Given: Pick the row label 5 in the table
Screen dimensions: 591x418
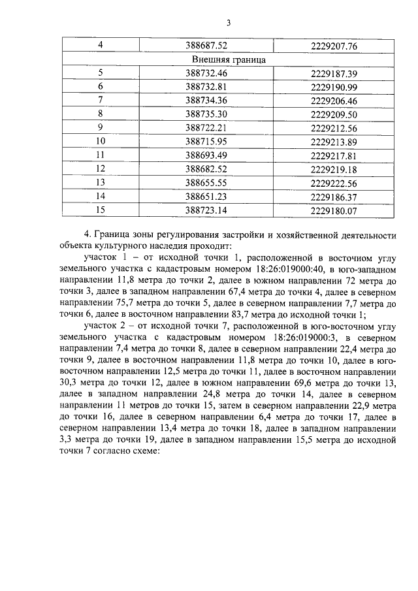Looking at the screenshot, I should [x=101, y=73].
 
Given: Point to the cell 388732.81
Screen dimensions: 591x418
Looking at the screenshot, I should [x=206, y=87].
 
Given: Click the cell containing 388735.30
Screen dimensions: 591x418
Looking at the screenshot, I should [x=206, y=114].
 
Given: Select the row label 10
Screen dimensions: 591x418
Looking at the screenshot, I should [x=101, y=140].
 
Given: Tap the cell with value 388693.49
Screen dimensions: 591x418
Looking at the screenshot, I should [x=206, y=155].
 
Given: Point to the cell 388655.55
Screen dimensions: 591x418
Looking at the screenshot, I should [x=206, y=182].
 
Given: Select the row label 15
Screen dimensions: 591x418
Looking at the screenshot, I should [x=101, y=210].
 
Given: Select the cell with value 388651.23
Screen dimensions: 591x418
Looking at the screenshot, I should [x=206, y=196].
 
